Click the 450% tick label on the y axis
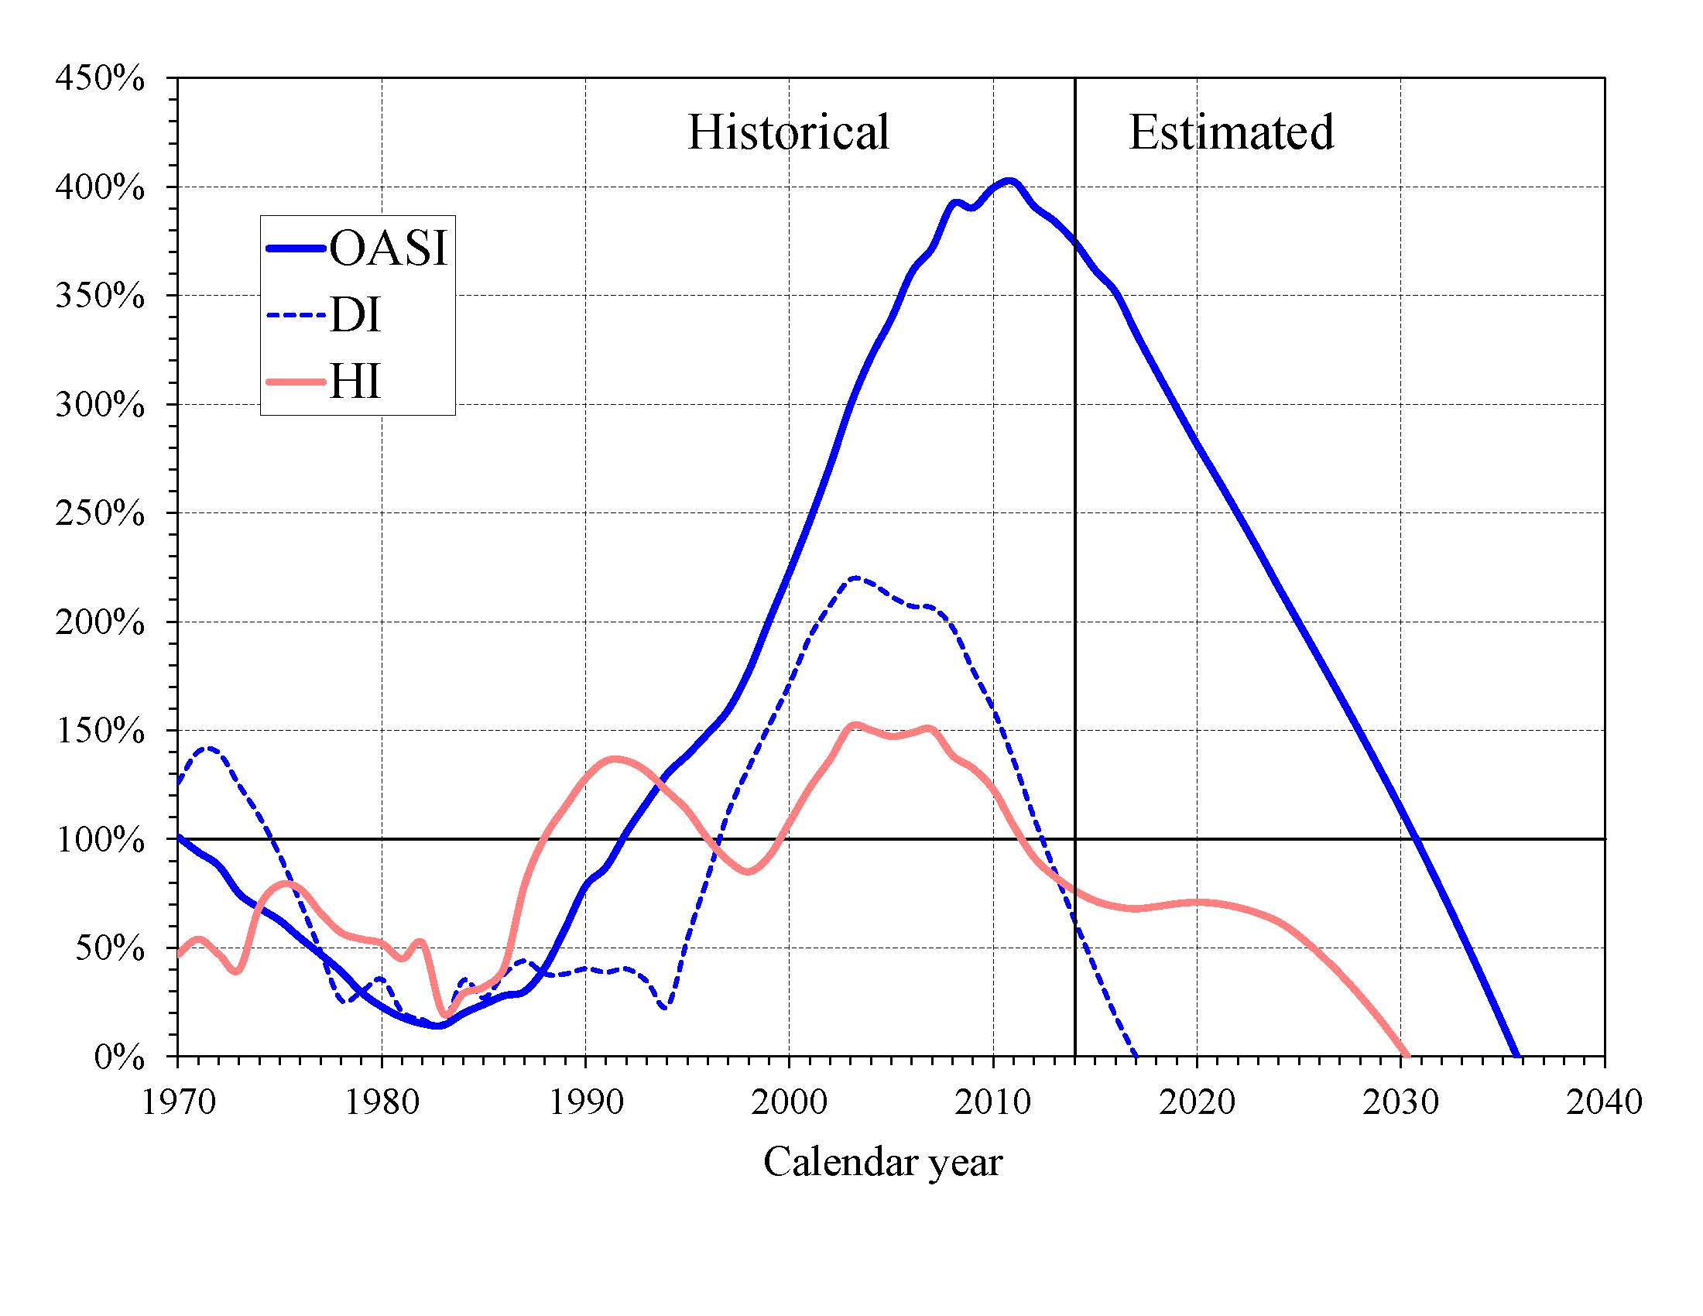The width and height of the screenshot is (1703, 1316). click(x=100, y=79)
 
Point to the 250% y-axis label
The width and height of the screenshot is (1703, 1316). click(x=100, y=514)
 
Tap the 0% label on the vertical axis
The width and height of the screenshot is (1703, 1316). click(x=119, y=1058)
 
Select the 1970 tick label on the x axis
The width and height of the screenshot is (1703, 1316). click(x=179, y=1102)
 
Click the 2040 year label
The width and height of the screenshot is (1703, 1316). click(x=1604, y=1102)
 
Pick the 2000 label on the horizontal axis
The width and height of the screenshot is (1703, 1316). click(x=789, y=1102)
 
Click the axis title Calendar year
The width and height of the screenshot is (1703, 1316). click(x=882, y=1163)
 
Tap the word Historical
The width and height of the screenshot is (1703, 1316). click(x=787, y=132)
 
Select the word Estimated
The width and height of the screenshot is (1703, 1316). click(x=1232, y=132)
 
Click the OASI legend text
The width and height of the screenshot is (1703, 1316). click(x=389, y=248)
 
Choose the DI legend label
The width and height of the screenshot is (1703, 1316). click(x=355, y=315)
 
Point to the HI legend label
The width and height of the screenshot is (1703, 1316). click(x=355, y=382)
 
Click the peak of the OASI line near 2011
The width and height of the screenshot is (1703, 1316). click(x=1009, y=182)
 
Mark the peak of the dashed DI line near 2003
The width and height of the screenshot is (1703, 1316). click(x=856, y=577)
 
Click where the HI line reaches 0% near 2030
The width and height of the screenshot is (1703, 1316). click(x=1406, y=1056)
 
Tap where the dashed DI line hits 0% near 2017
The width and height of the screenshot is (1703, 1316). click(x=1136, y=1056)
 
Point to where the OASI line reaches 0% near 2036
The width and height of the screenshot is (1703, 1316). click(x=1517, y=1056)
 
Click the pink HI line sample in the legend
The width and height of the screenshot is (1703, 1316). click(x=295, y=382)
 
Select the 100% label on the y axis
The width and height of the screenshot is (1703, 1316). click(x=100, y=841)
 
